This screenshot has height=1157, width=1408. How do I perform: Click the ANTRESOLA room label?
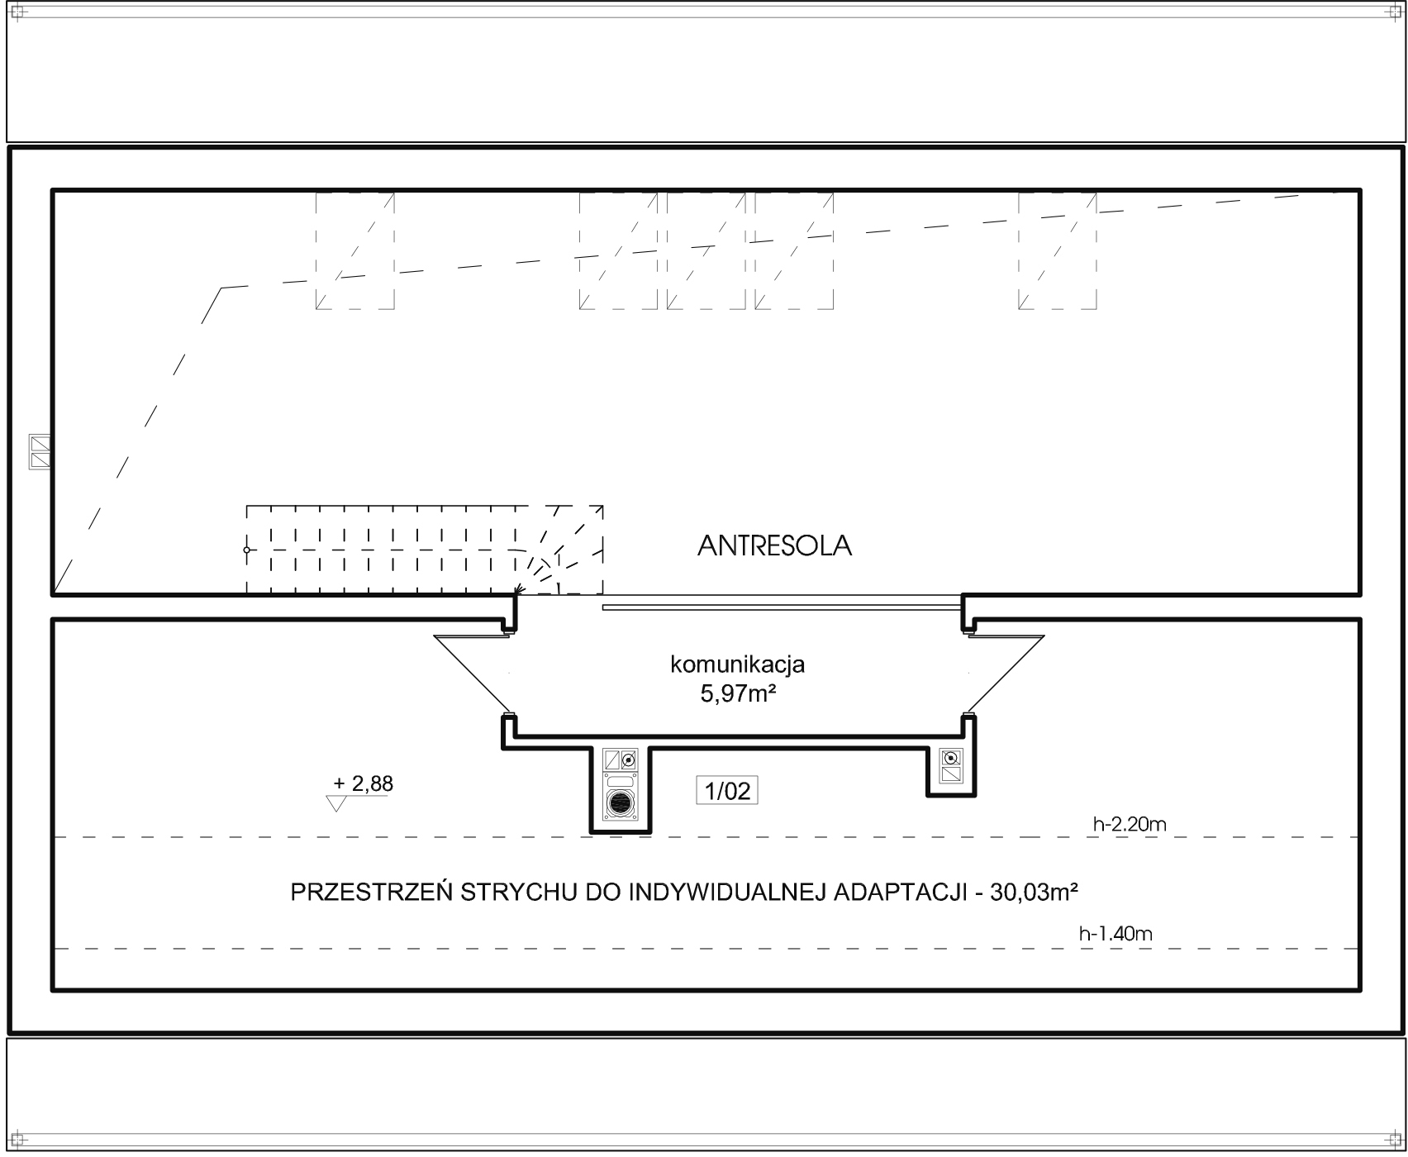[x=774, y=545]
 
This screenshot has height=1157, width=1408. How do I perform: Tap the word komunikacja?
[x=737, y=664]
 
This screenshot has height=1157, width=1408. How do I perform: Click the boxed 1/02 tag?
[x=727, y=791]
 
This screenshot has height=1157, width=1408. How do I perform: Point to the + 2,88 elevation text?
[x=363, y=783]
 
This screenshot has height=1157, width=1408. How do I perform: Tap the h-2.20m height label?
[x=1129, y=823]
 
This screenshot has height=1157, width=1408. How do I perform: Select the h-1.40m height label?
[x=1115, y=934]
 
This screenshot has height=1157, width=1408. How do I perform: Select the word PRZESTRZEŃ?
[x=371, y=893]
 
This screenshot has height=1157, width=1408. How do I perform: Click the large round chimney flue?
[x=621, y=802]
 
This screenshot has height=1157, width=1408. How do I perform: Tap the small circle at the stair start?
[x=246, y=550]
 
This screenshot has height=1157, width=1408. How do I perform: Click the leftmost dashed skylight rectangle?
[x=355, y=250]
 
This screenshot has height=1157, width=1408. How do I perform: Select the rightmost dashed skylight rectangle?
[x=1058, y=250]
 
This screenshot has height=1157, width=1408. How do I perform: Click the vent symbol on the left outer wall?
[x=40, y=452]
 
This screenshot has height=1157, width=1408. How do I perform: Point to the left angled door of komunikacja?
[x=472, y=674]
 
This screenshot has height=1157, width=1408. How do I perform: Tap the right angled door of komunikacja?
[x=1006, y=674]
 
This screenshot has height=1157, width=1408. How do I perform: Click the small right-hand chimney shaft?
[x=951, y=766]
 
